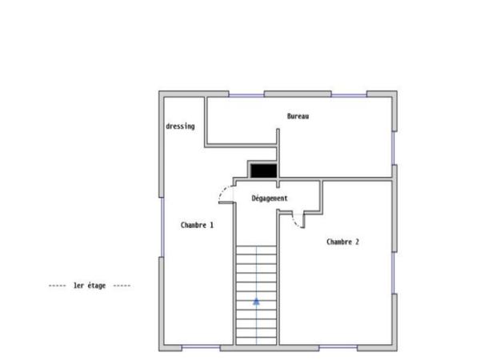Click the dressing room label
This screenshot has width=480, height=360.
coord(179,126)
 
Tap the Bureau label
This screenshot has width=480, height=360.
coord(298,117)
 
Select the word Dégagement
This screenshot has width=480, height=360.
coord(270,198)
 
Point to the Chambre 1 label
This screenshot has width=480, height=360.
coord(197,226)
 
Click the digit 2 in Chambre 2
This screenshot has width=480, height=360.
coord(357,241)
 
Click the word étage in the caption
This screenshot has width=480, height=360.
coord(97,286)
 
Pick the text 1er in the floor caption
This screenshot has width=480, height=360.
coord(78,286)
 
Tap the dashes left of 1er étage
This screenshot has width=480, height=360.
coord(57,286)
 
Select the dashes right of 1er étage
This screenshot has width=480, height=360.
coord(122,286)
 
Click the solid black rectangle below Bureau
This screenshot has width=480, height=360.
coord(262,170)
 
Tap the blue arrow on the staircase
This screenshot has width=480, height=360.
coord(256,302)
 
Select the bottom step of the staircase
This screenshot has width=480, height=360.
coord(256,339)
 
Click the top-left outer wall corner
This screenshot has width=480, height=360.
coord(162,94)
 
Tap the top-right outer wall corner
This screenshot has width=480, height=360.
coord(394,94)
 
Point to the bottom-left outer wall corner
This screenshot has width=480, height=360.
coord(162,347)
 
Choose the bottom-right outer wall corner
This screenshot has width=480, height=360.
coord(394,347)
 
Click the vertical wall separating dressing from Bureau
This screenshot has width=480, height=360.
coord(206,120)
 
